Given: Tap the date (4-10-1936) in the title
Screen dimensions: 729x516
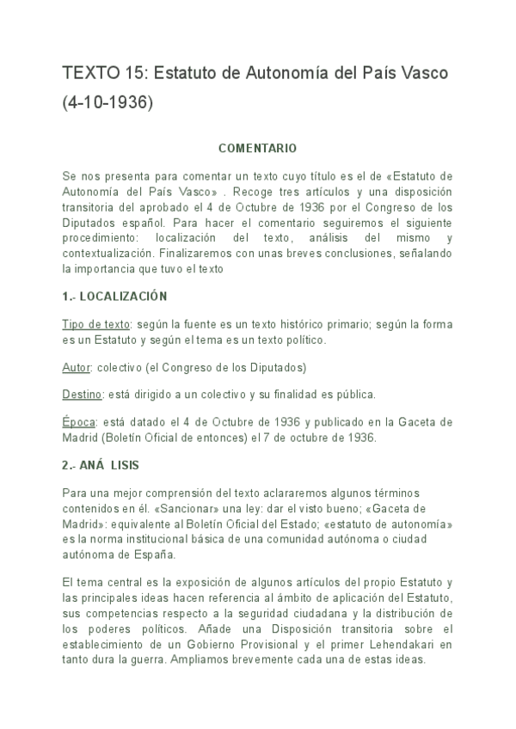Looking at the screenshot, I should (107, 102).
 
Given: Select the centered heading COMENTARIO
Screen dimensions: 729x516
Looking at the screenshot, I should (257, 148).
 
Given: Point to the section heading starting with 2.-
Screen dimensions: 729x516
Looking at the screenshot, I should (101, 465).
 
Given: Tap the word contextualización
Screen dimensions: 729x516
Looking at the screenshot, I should (107, 254).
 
